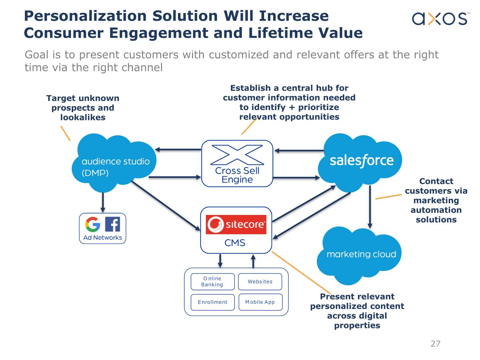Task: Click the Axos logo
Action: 440,19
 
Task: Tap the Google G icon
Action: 93,224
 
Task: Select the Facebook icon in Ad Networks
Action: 113,224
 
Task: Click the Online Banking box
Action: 212,282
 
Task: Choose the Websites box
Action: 260,282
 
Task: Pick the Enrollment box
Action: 212,302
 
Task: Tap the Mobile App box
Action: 260,302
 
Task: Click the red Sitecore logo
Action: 236,224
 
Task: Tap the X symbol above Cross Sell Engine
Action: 237,155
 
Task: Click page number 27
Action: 435,343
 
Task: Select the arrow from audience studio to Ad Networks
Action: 103,202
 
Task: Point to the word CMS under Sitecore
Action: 235,243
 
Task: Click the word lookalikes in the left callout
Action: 83,117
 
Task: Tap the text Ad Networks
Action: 102,238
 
